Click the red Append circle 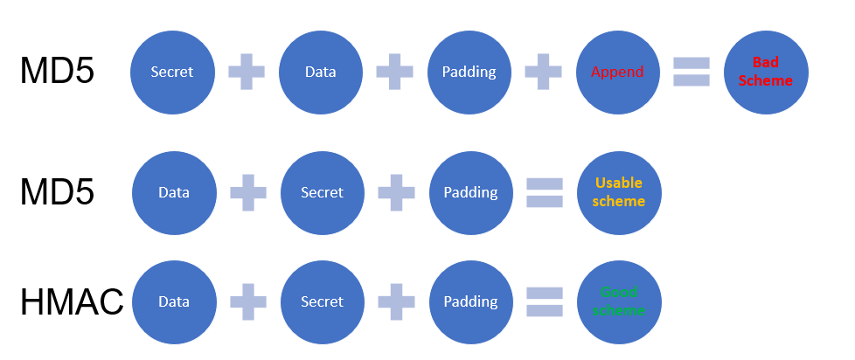click(617, 72)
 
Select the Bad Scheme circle click(766, 72)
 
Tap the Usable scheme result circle click(619, 192)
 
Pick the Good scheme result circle click(619, 301)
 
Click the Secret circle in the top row click(172, 72)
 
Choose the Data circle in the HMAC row click(174, 301)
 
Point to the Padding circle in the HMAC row click(470, 301)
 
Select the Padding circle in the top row click(469, 72)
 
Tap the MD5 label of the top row click(57, 72)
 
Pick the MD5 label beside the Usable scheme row click(57, 192)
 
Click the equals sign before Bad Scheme click(691, 72)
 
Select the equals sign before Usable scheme click(544, 192)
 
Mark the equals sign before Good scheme click(544, 301)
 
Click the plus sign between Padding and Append click(543, 72)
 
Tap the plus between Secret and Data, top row click(247, 72)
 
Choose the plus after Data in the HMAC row click(248, 301)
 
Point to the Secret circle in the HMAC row click(322, 301)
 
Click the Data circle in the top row click(321, 72)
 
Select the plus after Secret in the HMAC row click(396, 301)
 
